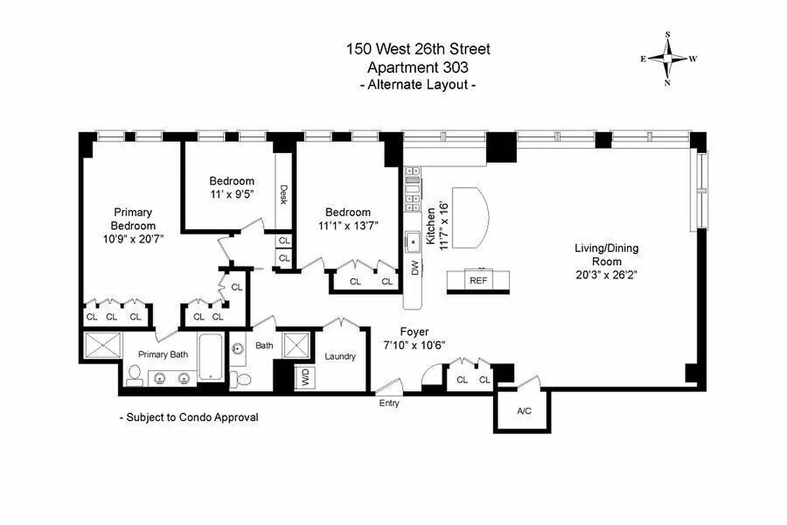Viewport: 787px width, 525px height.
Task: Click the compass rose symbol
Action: (x=668, y=58)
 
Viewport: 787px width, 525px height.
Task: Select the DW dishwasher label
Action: (x=414, y=268)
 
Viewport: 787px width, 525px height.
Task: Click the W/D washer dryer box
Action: (x=306, y=377)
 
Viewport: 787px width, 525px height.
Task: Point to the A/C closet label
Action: (x=524, y=411)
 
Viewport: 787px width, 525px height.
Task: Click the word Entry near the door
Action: (x=389, y=404)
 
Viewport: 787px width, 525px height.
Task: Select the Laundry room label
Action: (x=340, y=356)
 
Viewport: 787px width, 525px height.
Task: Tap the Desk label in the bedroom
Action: (x=283, y=194)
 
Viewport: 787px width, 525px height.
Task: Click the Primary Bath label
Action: (x=163, y=354)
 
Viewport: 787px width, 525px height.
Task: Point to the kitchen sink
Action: (x=413, y=242)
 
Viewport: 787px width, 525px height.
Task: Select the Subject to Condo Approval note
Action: (x=189, y=417)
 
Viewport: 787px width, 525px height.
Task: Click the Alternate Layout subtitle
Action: (x=418, y=84)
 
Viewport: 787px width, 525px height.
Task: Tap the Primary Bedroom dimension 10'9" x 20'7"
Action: (x=133, y=239)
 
